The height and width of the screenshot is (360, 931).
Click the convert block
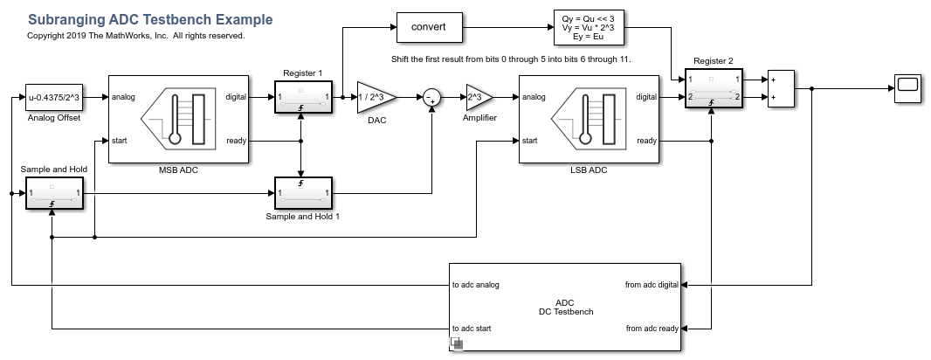point(429,27)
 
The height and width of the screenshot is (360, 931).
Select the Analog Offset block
point(52,96)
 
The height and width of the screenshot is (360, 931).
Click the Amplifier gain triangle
point(479,97)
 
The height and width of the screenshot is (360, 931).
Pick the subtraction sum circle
point(431,98)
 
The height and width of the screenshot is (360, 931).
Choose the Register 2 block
point(714,88)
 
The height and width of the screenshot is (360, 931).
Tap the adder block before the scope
point(781,88)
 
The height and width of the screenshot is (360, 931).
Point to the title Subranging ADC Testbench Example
point(150,19)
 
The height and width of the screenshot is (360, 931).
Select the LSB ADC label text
point(588,170)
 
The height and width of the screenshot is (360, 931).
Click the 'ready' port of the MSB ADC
point(236,140)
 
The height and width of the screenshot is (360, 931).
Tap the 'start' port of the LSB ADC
point(529,140)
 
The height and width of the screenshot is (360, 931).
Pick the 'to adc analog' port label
point(476,284)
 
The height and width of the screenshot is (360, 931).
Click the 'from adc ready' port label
point(652,329)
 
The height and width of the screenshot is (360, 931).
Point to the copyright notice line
point(136,36)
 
